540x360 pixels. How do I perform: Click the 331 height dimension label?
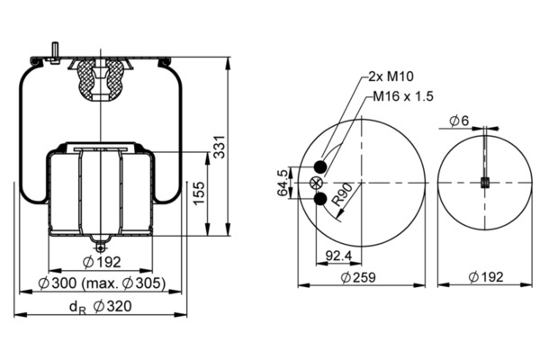point(220,148)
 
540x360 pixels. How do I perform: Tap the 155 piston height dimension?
point(199,193)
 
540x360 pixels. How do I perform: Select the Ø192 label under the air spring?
point(102,263)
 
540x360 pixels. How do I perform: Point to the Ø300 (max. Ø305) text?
point(102,283)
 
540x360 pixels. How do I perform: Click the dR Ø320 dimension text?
point(101,306)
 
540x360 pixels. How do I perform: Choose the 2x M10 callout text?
point(391,76)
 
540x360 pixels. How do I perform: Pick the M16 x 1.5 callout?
point(403,96)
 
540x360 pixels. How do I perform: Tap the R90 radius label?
point(342,194)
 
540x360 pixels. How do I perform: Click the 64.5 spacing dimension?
point(283,183)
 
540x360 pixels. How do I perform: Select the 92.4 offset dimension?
point(338,256)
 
